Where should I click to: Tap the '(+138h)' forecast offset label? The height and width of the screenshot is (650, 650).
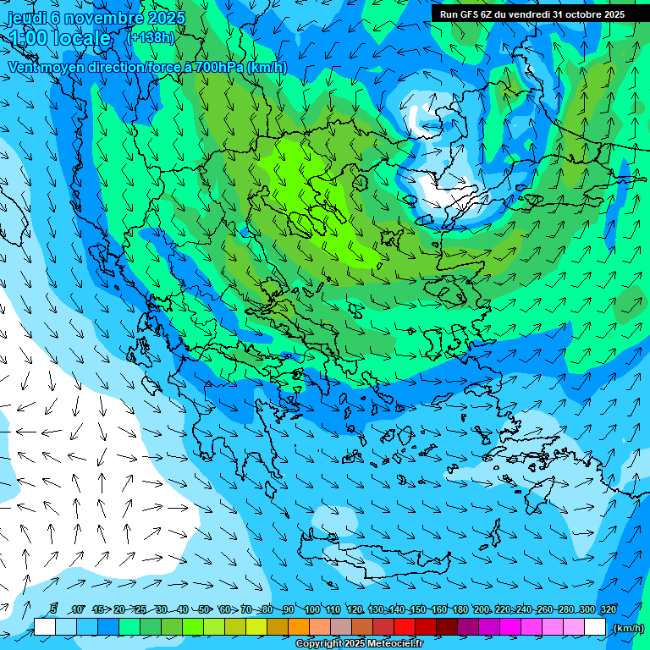pyautogui.click(x=151, y=37)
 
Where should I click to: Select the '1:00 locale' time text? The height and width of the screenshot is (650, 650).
pyautogui.click(x=60, y=38)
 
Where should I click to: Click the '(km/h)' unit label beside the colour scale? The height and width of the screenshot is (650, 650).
pyautogui.click(x=627, y=628)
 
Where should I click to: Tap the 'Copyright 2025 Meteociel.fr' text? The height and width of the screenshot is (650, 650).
pyautogui.click(x=359, y=644)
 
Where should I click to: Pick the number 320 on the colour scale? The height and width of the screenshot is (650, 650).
pyautogui.click(x=609, y=609)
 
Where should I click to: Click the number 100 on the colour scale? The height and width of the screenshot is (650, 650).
pyautogui.click(x=312, y=609)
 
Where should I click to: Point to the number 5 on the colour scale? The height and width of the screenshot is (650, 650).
pyautogui.click(x=53, y=609)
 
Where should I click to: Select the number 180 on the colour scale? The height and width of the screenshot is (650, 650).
pyautogui.click(x=460, y=609)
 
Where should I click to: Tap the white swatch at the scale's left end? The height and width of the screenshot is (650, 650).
pyautogui.click(x=45, y=627)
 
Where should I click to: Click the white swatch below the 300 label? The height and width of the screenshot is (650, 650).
pyautogui.click(x=595, y=627)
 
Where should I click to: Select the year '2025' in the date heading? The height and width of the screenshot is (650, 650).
pyautogui.click(x=166, y=18)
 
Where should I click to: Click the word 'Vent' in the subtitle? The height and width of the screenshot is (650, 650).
pyautogui.click(x=25, y=67)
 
